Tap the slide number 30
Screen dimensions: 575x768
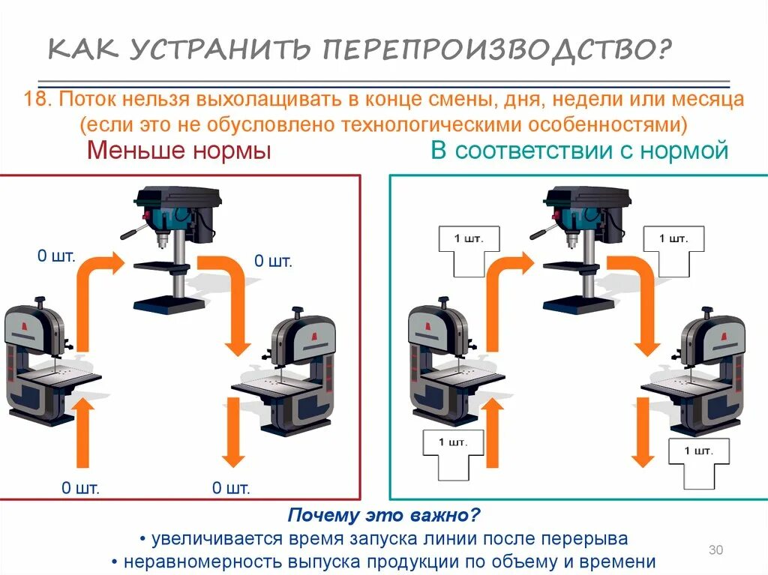(715, 551)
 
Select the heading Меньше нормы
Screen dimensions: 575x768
(178, 151)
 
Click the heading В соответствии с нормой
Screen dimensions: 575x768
(579, 151)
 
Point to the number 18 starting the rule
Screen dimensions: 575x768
(35, 100)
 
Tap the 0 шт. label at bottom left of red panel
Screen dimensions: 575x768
(80, 489)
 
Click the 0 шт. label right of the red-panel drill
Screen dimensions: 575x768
(273, 262)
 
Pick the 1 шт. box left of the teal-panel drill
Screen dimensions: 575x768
(469, 247)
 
